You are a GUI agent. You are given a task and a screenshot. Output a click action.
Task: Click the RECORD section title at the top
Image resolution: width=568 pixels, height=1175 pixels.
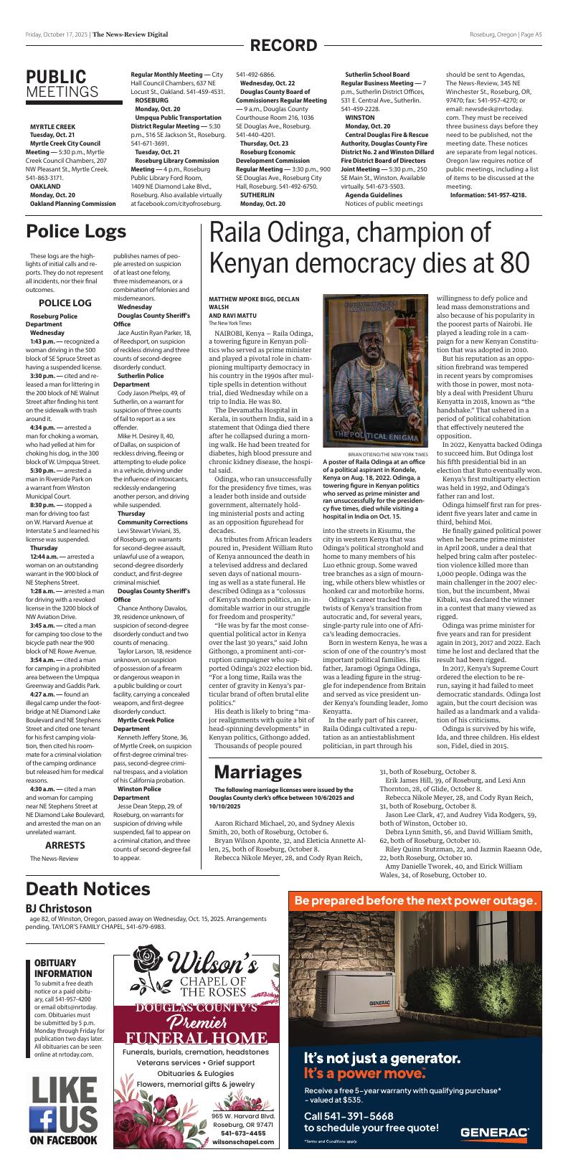(283, 46)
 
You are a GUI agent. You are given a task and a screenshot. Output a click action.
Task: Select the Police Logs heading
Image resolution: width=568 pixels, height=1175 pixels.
(76, 232)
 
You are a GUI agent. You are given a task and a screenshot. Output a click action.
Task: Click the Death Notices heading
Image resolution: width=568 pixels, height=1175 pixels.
(87, 889)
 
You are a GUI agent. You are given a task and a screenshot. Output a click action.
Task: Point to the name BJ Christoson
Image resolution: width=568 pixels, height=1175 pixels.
(59, 908)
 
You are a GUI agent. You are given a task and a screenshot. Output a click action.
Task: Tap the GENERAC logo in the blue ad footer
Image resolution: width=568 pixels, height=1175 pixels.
(494, 1133)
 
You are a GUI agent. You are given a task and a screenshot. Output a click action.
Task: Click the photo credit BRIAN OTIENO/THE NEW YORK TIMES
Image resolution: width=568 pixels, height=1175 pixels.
(387, 455)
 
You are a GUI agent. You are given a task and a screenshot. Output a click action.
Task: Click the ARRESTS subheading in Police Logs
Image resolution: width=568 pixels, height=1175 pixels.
(65, 845)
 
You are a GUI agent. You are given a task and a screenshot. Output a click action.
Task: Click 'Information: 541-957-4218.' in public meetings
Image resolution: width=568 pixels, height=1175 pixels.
(488, 195)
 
